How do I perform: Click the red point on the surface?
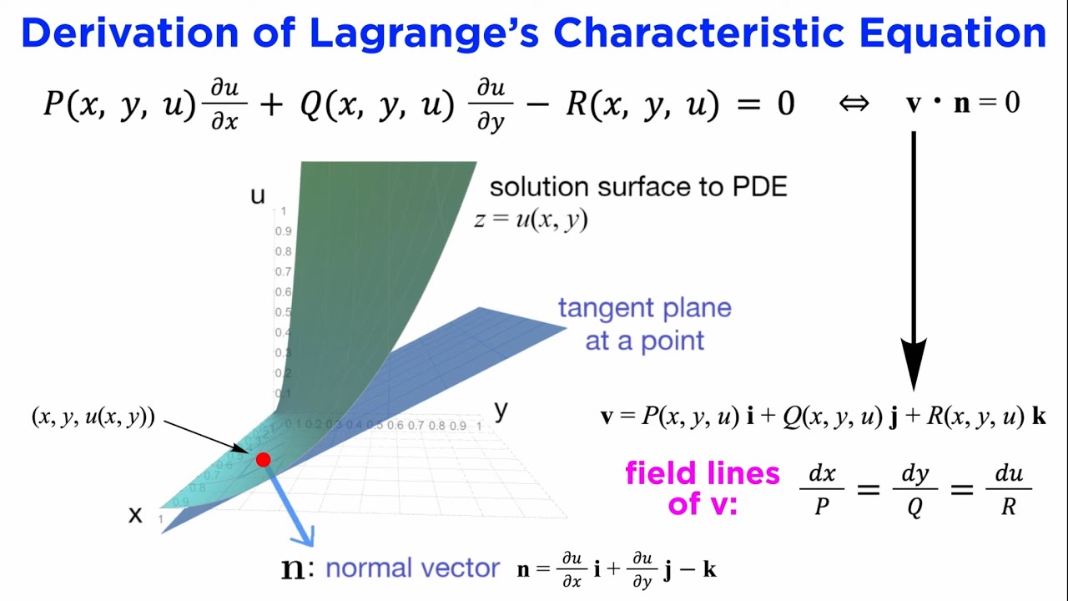click(264, 459)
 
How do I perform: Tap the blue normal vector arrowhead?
click(304, 534)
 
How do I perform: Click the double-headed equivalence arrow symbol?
click(853, 104)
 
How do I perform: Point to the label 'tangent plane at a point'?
click(644, 324)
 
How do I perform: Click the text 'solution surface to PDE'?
click(638, 186)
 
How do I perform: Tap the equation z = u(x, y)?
click(531, 220)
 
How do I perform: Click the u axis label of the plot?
click(258, 196)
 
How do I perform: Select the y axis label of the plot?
click(501, 410)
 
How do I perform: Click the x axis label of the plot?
click(135, 515)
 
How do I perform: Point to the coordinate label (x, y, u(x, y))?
click(93, 417)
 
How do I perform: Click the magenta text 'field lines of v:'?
click(702, 488)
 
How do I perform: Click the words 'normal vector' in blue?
click(412, 568)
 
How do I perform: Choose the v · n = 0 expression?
click(963, 104)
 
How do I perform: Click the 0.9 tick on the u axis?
click(284, 231)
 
